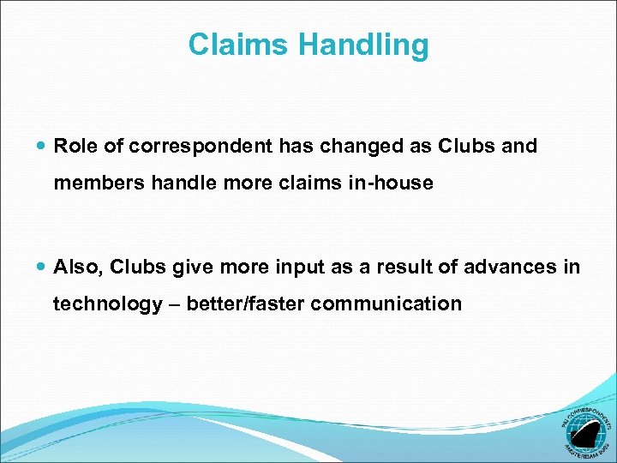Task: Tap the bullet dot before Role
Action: coord(43,147)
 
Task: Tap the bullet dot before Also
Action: coord(43,268)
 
